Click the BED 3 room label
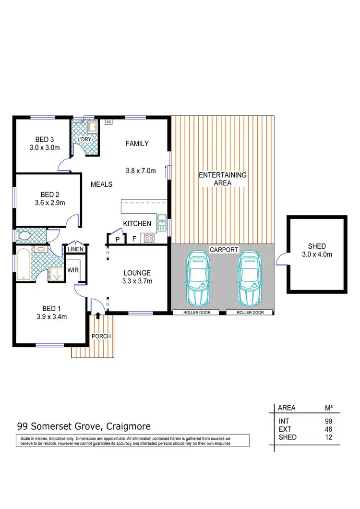[44, 139]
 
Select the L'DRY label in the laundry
[84, 139]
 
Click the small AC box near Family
[108, 122]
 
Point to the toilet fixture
[24, 236]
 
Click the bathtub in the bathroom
[23, 264]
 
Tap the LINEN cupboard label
[76, 249]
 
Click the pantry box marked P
[117, 239]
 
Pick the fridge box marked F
[134, 239]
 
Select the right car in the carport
[249, 278]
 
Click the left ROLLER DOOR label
[196, 312]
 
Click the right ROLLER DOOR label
[250, 312]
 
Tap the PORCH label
[102, 336]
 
